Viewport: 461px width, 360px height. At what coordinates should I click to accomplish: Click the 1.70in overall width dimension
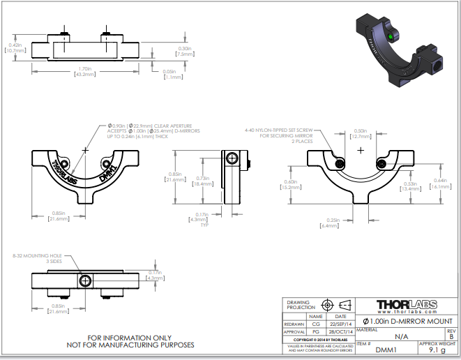(84, 71)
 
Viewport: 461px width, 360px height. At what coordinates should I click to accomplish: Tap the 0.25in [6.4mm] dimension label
(330, 223)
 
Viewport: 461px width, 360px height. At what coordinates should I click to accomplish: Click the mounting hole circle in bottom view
(84, 281)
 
